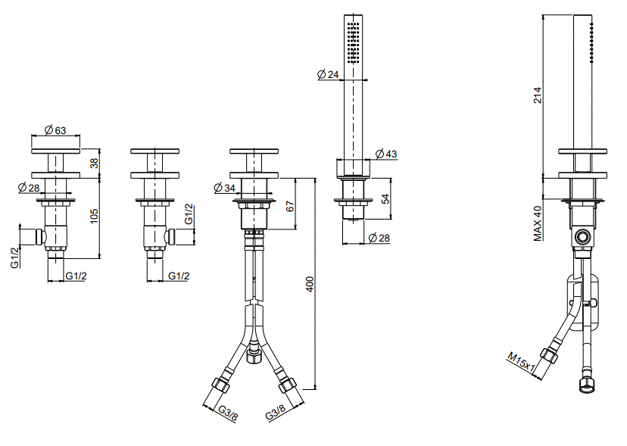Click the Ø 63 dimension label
[55, 130]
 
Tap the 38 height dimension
[94, 164]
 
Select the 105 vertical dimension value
[94, 216]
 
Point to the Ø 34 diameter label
[225, 187]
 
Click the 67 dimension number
[291, 207]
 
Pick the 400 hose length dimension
[310, 284]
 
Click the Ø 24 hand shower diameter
[328, 74]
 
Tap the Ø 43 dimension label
[386, 154]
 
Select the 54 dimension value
[385, 199]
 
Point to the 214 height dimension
[538, 95]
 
